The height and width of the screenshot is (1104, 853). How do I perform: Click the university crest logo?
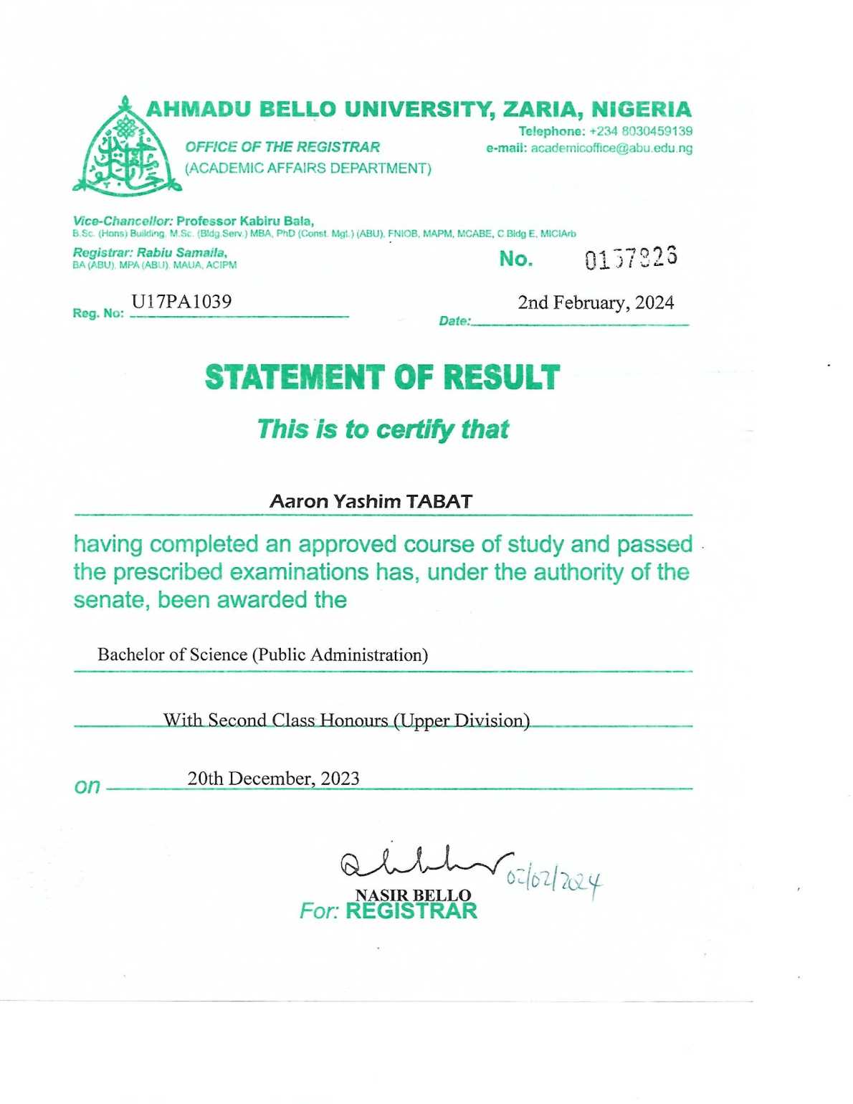(127, 149)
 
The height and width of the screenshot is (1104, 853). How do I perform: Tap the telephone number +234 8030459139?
(641, 131)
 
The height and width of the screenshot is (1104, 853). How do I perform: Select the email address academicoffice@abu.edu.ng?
(611, 148)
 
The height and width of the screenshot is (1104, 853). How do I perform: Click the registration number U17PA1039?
(181, 302)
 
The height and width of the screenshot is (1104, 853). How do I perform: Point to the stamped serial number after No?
(631, 258)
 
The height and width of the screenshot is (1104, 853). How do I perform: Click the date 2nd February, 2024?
(596, 303)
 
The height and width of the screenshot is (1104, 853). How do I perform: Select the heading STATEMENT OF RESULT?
(382, 378)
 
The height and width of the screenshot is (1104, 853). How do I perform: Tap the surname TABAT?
(439, 502)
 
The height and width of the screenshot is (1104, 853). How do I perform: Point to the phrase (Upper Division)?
(462, 720)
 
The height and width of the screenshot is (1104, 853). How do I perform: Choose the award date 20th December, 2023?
(273, 779)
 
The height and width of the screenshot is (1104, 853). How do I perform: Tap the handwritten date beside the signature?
(554, 880)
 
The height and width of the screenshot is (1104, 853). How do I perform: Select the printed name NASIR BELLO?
(413, 895)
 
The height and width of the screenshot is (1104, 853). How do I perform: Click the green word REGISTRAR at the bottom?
(411, 911)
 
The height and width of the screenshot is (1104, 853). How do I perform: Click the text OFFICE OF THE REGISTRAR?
(282, 147)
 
